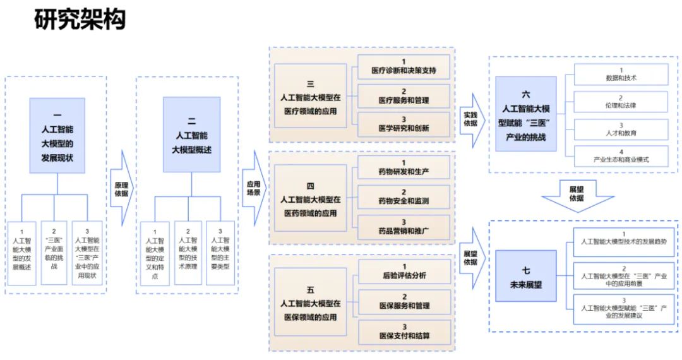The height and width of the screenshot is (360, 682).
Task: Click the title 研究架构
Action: tap(80, 20)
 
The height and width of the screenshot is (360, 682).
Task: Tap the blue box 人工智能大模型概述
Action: tap(191, 135)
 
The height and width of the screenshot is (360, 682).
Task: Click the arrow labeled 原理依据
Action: tap(122, 189)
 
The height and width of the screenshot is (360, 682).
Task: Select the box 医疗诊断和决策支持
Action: tap(404, 66)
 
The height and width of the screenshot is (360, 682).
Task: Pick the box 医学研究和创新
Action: tap(404, 124)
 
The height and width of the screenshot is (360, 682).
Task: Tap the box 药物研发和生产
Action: tap(404, 167)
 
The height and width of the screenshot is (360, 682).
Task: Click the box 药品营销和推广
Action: tap(404, 225)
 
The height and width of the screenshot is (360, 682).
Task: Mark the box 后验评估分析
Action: tap(404, 272)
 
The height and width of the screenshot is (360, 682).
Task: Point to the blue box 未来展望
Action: tap(526, 276)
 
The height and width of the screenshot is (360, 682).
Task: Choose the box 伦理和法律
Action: tap(621, 102)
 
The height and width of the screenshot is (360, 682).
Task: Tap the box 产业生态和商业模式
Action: tap(621, 156)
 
